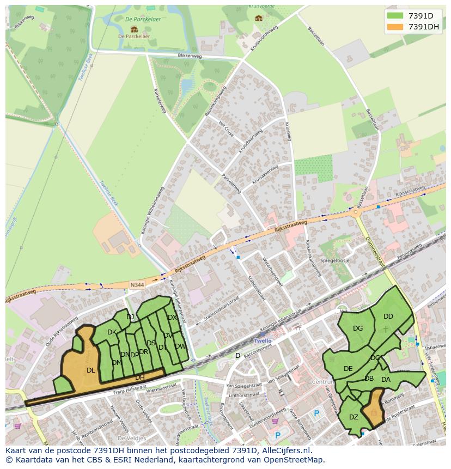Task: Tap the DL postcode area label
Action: tap(91, 370)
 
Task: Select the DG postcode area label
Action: tap(358, 328)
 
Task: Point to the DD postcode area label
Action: tap(388, 316)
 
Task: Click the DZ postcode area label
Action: tap(354, 417)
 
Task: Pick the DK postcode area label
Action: tap(112, 332)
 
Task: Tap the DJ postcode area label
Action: tap(130, 317)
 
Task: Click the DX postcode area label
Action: tap(172, 318)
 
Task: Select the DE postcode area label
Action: tap(348, 369)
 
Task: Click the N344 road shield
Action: tap(137, 284)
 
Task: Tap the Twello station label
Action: tap(263, 340)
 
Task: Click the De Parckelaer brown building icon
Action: tap(134, 29)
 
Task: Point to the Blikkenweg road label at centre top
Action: tap(189, 56)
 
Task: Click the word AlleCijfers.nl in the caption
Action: tap(284, 451)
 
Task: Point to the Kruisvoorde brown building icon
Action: tap(259, 17)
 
